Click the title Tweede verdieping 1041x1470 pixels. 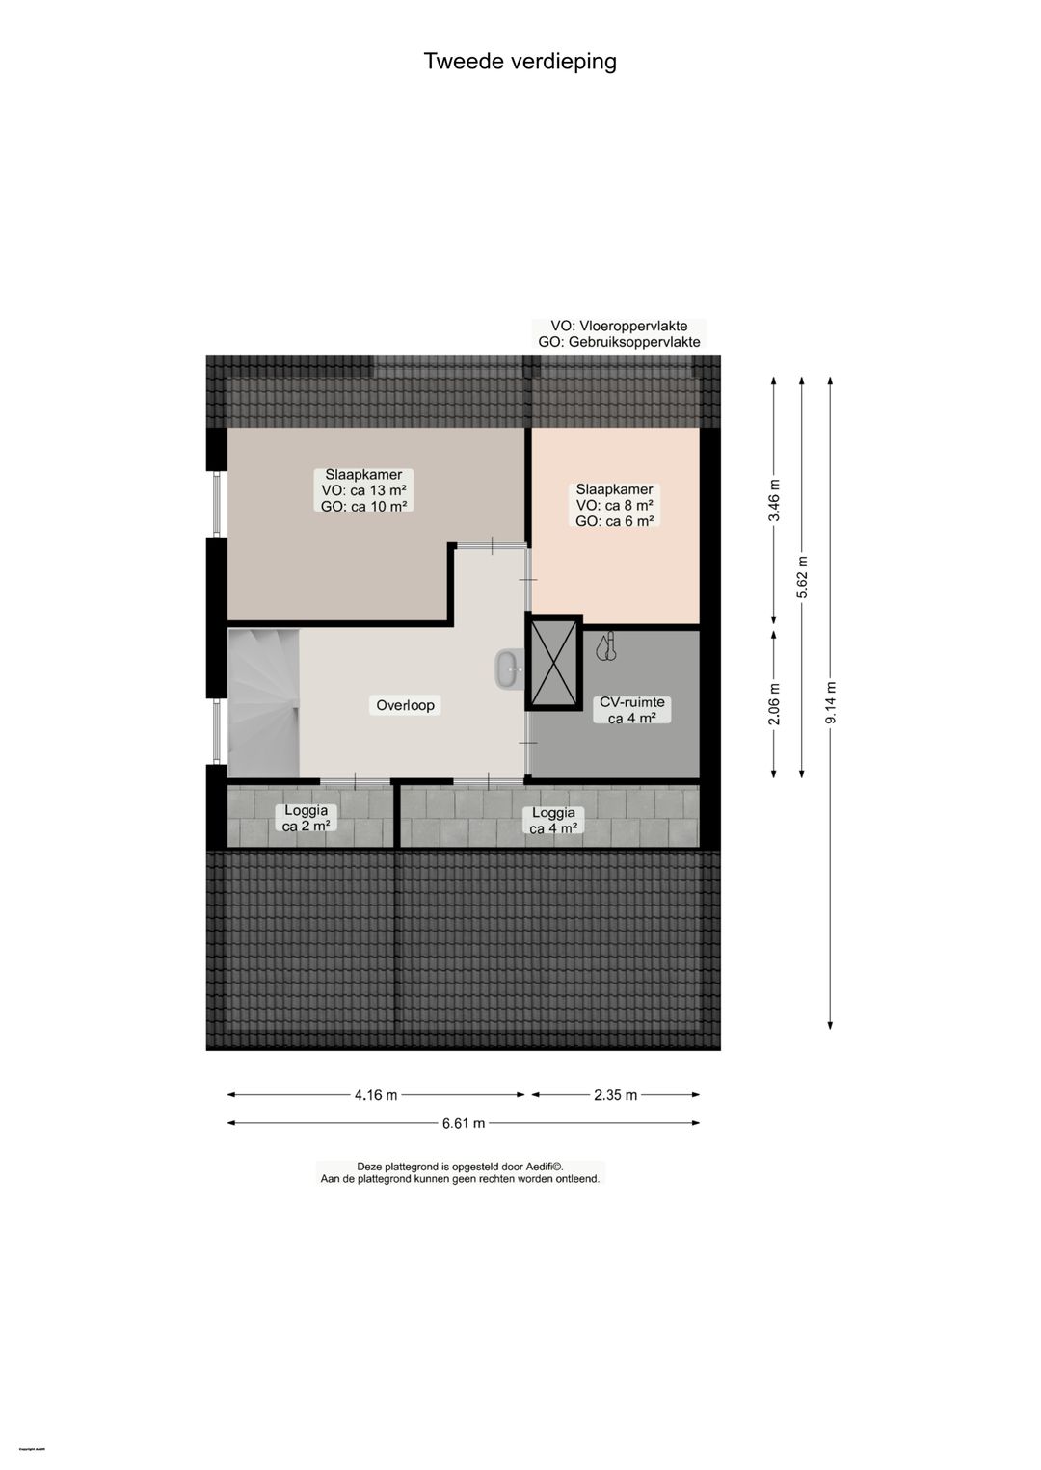pos(520,62)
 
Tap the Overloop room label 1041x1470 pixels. pos(405,705)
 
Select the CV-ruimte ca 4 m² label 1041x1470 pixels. pos(632,710)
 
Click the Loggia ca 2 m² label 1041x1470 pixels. pos(307,818)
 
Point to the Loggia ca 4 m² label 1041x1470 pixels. pos(553,820)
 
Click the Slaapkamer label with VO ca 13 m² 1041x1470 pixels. pos(363,490)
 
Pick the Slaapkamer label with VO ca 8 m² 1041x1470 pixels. pos(615,505)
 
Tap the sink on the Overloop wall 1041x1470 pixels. pos(509,669)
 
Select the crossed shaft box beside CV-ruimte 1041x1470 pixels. pos(553,664)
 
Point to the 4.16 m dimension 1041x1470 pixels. pos(376,1095)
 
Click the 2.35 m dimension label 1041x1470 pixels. pos(615,1095)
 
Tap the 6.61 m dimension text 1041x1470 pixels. pos(464,1123)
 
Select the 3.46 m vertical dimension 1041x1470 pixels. pos(774,500)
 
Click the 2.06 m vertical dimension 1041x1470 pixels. pos(774,703)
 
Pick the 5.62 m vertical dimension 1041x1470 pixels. pos(802,578)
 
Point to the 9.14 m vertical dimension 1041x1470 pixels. pos(831,703)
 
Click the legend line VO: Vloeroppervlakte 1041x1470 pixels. pos(619,327)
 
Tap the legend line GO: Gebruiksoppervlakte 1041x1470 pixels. pos(619,342)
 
